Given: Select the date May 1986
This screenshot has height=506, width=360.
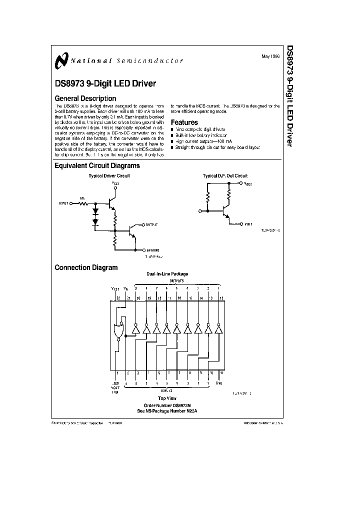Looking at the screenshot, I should point(270,56).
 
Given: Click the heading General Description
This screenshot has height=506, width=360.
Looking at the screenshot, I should point(85,98).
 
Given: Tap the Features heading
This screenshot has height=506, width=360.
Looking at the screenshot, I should point(184,122).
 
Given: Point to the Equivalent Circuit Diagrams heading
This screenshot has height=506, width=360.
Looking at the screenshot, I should point(97,165).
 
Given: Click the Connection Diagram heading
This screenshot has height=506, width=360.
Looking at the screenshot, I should point(86,267).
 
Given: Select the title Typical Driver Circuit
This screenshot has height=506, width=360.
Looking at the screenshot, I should point(109,176).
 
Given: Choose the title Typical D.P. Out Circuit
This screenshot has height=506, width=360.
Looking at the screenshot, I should point(225,176).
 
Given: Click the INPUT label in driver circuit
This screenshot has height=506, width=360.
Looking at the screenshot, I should point(63,203).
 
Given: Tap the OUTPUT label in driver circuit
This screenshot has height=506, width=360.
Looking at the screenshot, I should point(151,225).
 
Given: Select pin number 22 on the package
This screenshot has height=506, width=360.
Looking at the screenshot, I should point(118,297).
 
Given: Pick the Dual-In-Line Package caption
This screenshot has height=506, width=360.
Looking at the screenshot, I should point(167,274).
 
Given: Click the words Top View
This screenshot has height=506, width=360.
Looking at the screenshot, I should point(167,398).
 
